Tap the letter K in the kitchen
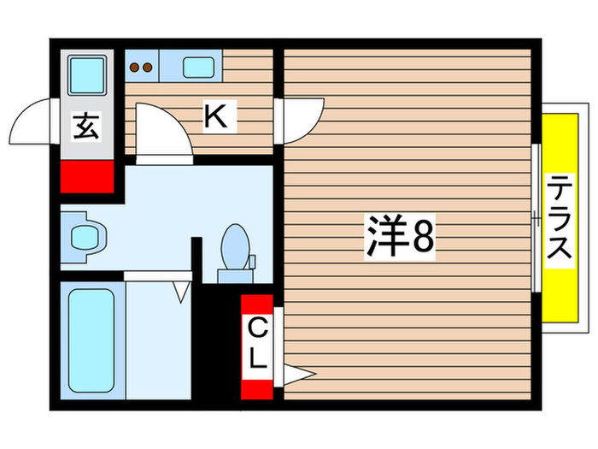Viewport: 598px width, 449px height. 217,117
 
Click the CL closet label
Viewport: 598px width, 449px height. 257,343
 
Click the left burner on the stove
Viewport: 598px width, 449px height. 134,66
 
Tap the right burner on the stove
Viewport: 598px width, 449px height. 147,66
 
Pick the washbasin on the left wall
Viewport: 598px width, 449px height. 83,234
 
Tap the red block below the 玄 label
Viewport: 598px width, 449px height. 86,176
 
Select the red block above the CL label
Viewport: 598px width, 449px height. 257,305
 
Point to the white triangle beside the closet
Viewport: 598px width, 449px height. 299,374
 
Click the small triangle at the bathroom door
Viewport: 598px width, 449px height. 180,292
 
